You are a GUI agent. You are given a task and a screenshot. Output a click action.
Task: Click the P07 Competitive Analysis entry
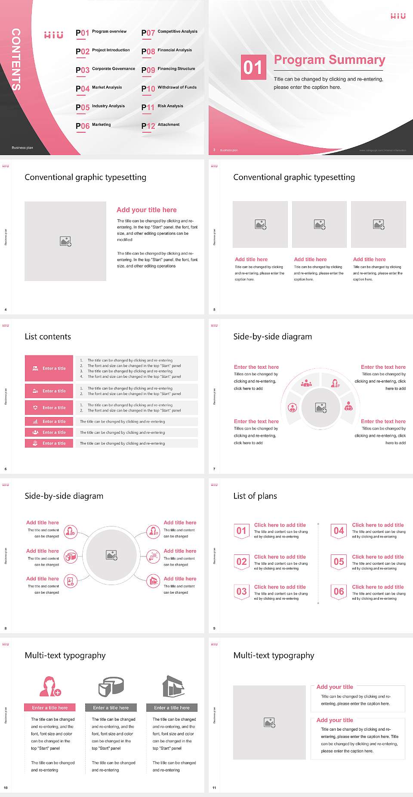tap(170, 32)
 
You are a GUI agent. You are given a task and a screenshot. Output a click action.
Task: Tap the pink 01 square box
tap(253, 67)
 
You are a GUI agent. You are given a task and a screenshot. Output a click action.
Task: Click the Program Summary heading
tap(329, 60)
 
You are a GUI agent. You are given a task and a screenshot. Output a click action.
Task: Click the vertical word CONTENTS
tap(16, 59)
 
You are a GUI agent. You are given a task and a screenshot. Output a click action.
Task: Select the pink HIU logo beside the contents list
tap(54, 35)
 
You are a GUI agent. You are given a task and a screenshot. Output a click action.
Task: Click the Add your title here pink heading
tap(146, 210)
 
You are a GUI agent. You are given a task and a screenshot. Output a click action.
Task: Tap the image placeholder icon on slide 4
tap(65, 241)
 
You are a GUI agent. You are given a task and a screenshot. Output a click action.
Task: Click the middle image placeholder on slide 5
tap(319, 224)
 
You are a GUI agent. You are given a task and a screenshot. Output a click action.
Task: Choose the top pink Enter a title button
tap(49, 368)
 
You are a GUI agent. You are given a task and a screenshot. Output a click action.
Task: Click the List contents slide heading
tap(48, 336)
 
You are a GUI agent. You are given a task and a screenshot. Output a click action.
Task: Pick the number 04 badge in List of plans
tap(339, 531)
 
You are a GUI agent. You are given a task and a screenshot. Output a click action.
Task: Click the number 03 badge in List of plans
tap(242, 592)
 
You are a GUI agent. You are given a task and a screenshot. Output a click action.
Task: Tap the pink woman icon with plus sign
tap(50, 687)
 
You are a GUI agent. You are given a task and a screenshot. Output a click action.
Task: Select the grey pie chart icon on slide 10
tap(111, 687)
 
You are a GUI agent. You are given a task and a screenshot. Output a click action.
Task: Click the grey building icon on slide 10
tap(173, 686)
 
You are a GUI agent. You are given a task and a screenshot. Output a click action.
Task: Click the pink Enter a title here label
tap(50, 707)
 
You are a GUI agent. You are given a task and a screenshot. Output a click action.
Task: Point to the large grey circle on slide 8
tap(111, 555)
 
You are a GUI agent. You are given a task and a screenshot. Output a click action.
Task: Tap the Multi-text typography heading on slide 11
tap(274, 655)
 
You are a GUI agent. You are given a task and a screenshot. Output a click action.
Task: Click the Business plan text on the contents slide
tap(22, 148)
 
